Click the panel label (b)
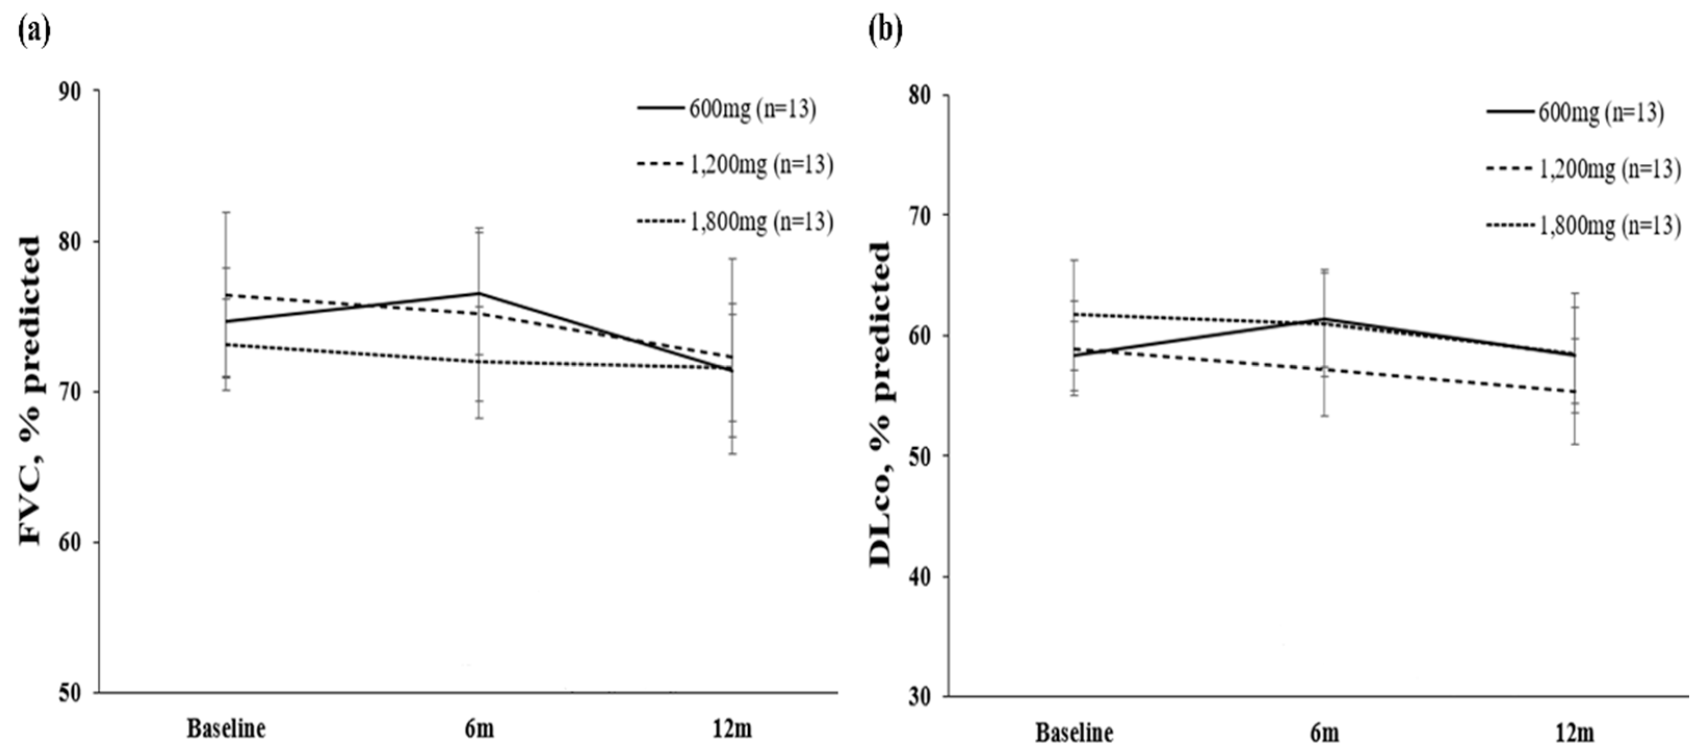885,31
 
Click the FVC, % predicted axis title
29,390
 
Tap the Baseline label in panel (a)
226,729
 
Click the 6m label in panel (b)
1324,732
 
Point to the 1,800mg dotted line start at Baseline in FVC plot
227,345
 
